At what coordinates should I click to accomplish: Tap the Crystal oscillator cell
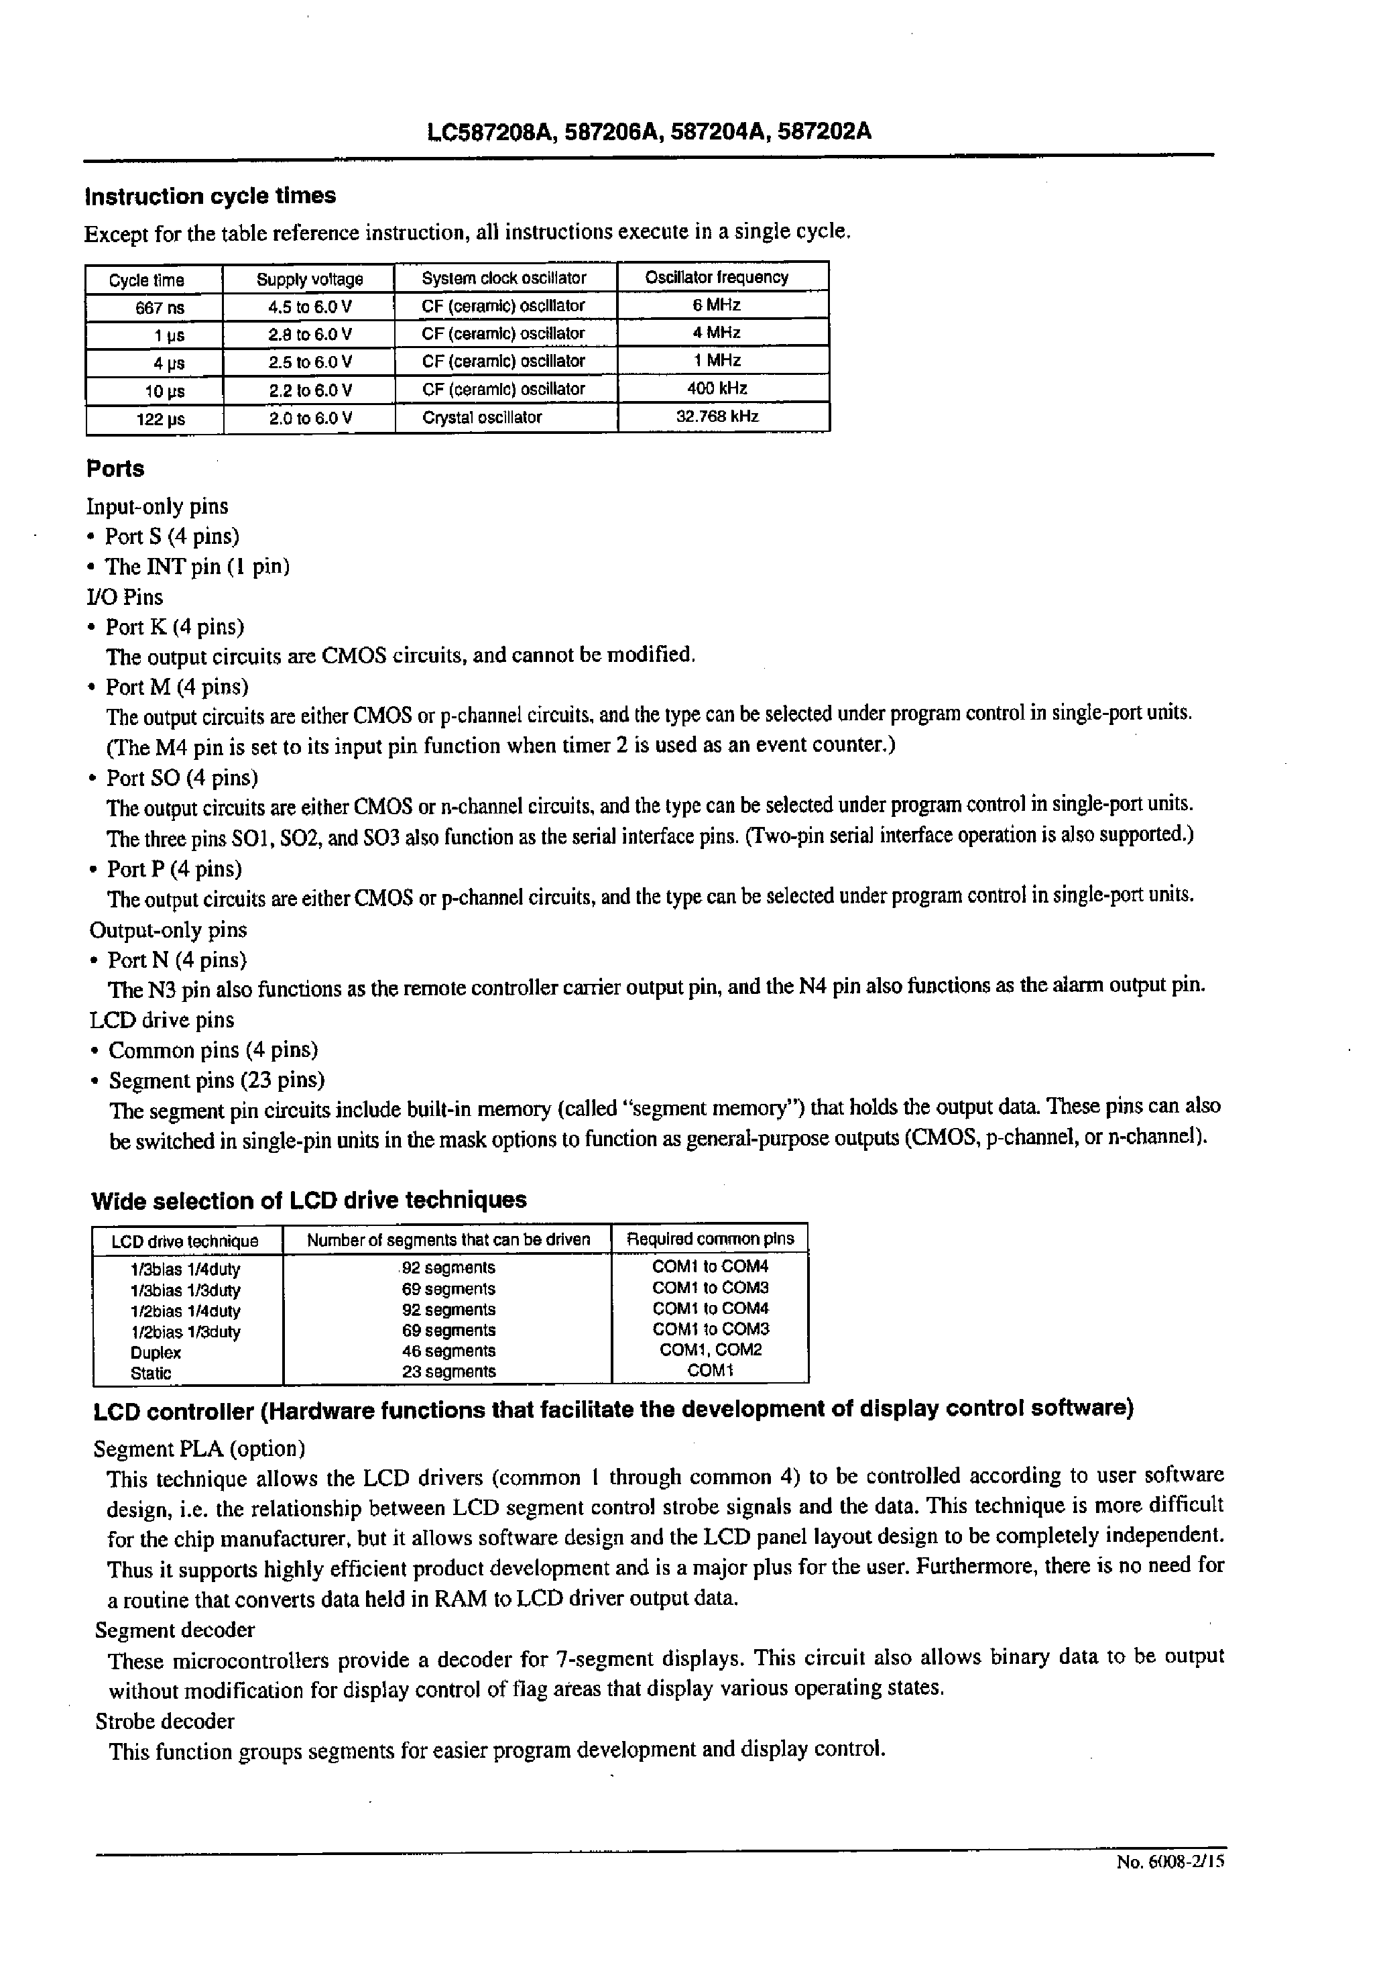pyautogui.click(x=481, y=418)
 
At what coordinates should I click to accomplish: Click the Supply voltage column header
pyautogui.click(x=309, y=279)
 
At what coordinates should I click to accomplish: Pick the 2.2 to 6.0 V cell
pyautogui.click(x=309, y=390)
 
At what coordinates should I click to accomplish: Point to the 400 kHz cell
pyautogui.click(x=717, y=388)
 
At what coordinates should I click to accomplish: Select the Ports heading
pyautogui.click(x=115, y=469)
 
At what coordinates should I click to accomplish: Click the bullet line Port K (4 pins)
pyautogui.click(x=174, y=627)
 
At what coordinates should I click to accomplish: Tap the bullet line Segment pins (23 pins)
pyautogui.click(x=216, y=1080)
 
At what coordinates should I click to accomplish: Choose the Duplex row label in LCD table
pyautogui.click(x=156, y=1353)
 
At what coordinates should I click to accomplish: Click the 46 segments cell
pyautogui.click(x=448, y=1351)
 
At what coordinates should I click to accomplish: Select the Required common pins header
pyautogui.click(x=709, y=1239)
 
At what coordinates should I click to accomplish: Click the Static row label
pyautogui.click(x=150, y=1374)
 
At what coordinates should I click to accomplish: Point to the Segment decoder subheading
pyautogui.click(x=175, y=1630)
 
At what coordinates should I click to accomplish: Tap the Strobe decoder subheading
pyautogui.click(x=165, y=1721)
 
